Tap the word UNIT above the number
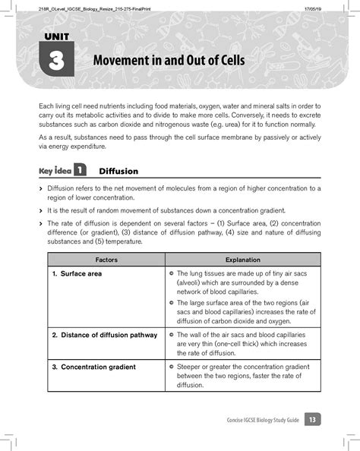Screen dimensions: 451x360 click(55, 37)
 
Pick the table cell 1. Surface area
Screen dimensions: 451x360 click(77, 273)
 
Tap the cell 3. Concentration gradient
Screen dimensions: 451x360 click(94, 367)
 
